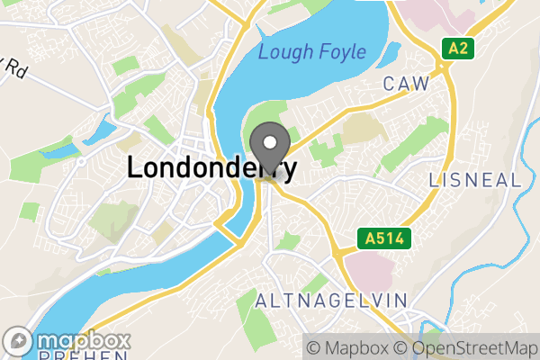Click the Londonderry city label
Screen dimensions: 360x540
pyautogui.click(x=212, y=167)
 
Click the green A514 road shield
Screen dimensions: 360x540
pyautogui.click(x=388, y=238)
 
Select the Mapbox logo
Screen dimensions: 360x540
pyautogui.click(x=68, y=342)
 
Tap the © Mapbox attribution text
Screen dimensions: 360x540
pyautogui.click(x=346, y=347)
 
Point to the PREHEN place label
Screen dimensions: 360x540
pyautogui.click(x=84, y=356)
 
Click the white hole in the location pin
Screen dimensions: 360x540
pyautogui.click(x=270, y=141)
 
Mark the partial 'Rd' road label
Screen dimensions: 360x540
pyautogui.click(x=12, y=66)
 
